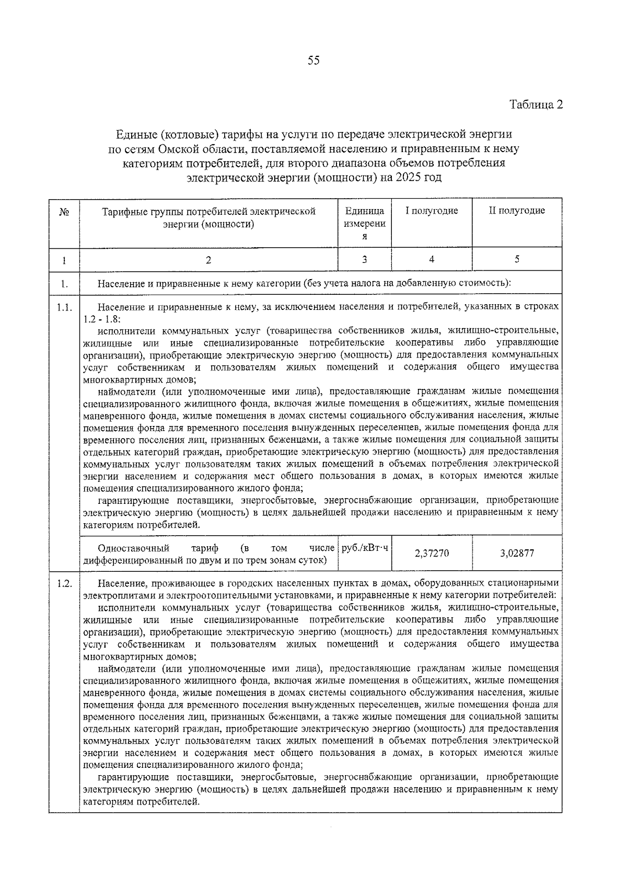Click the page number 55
pos(313,61)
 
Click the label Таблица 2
pos(536,105)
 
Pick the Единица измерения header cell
pos(365,223)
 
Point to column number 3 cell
pos(365,259)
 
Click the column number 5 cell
pos(517,259)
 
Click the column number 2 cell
pos(208,259)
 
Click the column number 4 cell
pos(432,259)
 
